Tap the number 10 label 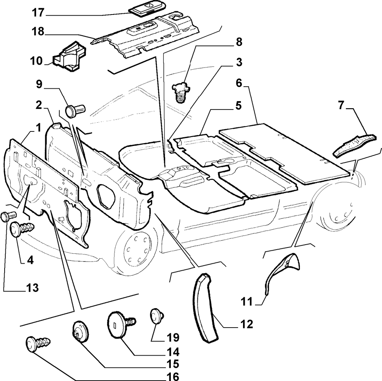click(36, 61)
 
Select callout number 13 click(33, 288)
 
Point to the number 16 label click(173, 376)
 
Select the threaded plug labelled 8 click(181, 93)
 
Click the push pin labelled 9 click(75, 111)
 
